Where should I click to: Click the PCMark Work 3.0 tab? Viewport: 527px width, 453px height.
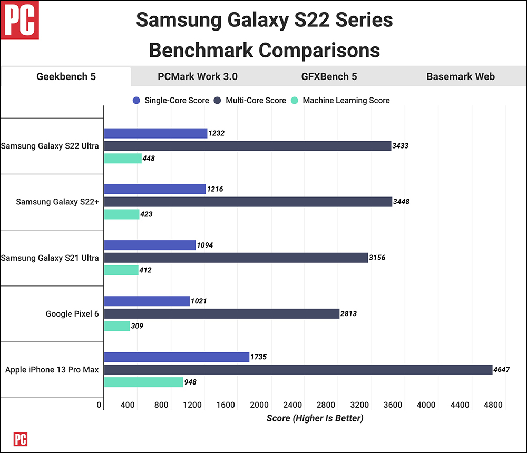(198, 76)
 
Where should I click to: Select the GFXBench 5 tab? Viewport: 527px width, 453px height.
(329, 76)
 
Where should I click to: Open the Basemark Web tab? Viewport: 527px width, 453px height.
(461, 76)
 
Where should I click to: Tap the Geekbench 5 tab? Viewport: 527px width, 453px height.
(66, 76)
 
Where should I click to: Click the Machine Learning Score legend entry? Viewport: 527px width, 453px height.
(340, 100)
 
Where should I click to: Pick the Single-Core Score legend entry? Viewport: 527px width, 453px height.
(171, 100)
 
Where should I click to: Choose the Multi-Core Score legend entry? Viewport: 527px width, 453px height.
(250, 100)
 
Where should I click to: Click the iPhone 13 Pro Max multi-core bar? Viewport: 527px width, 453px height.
(298, 370)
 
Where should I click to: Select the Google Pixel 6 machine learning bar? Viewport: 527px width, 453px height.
(117, 326)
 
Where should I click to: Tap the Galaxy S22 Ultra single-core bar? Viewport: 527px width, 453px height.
(155, 133)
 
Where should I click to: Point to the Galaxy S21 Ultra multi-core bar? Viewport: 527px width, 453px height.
(236, 258)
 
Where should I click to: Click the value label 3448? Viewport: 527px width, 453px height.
(402, 202)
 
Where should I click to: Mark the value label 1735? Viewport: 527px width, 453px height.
(259, 357)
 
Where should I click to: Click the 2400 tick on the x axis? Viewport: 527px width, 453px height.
(292, 405)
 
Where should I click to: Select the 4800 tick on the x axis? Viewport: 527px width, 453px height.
(493, 405)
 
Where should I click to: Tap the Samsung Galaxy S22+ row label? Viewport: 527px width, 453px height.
(57, 202)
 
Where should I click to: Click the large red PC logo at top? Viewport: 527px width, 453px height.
(20, 20)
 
